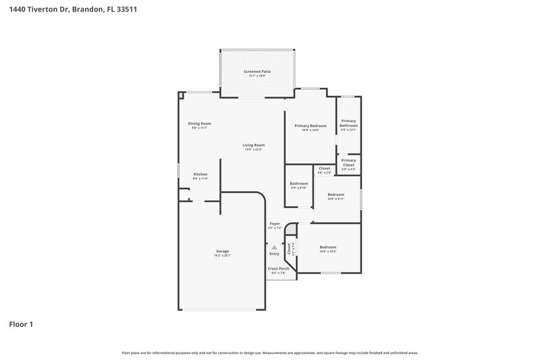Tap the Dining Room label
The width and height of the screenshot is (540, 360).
coord(200,124)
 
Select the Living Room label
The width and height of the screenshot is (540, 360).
coord(254,145)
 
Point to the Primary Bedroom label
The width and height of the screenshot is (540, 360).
coord(310,126)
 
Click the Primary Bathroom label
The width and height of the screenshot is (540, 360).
coord(348,124)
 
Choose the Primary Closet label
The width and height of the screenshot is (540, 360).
coord(348,162)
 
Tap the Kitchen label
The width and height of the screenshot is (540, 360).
coord(200,174)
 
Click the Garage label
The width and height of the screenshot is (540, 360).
coord(223,251)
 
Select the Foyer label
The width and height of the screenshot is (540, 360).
coord(275,224)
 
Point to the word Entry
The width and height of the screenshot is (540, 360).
coord(274,254)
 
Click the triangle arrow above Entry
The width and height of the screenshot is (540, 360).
coord(274,248)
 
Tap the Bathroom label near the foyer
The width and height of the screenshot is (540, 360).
coord(299,184)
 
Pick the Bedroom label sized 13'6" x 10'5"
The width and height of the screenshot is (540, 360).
coord(327,247)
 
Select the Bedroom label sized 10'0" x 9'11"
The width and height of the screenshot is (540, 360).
coord(335,195)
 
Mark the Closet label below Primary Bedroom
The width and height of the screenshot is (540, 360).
coord(325,168)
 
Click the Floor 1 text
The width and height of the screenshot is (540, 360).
coord(21,324)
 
